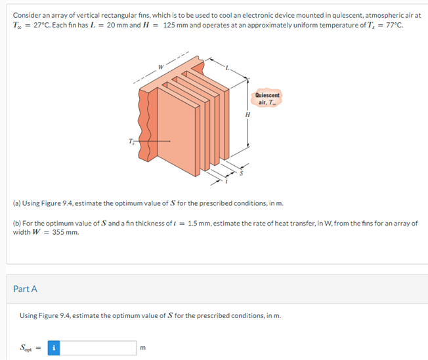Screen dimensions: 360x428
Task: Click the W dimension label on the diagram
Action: pyautogui.click(x=161, y=66)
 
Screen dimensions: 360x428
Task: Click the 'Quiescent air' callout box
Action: pyautogui.click(x=267, y=98)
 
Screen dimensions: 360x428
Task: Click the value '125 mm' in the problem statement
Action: pyautogui.click(x=177, y=25)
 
